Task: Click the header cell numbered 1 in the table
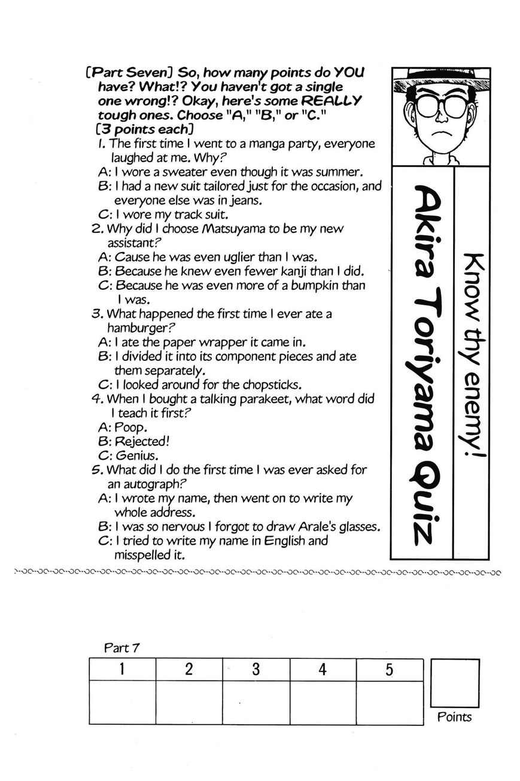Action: (x=122, y=670)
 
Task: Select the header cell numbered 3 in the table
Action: (x=256, y=670)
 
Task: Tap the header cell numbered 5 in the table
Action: (x=389, y=670)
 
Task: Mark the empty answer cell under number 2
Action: (x=189, y=702)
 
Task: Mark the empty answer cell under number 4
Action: (x=323, y=702)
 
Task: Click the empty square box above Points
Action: (x=455, y=682)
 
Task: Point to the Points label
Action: (x=454, y=717)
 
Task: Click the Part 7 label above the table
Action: (x=122, y=648)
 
